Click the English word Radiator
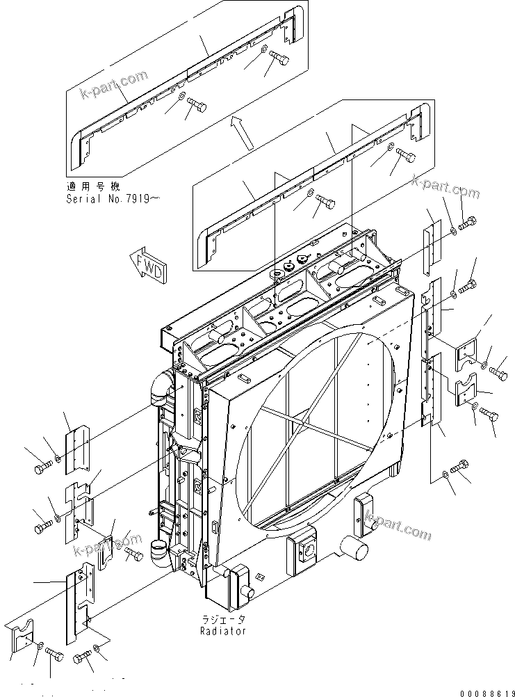(x=224, y=631)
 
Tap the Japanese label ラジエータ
(x=224, y=619)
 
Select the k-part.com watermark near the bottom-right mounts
(x=397, y=525)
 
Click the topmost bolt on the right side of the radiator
(x=467, y=225)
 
